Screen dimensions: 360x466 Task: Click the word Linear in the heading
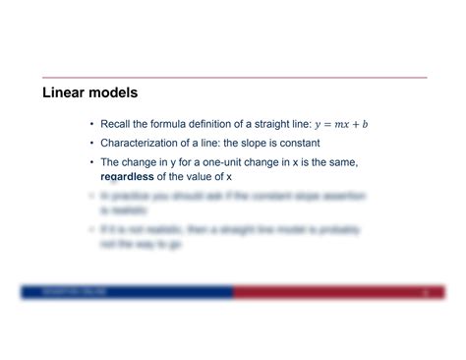click(x=65, y=93)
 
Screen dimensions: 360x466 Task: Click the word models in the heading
click(x=113, y=93)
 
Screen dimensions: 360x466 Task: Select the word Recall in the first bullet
click(x=117, y=125)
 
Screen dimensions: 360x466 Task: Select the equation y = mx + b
click(x=341, y=125)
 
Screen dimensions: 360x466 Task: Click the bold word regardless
click(x=127, y=176)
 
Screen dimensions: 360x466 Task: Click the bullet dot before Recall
click(x=91, y=125)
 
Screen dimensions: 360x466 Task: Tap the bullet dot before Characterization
click(x=91, y=144)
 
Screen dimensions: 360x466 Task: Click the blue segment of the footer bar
click(x=128, y=292)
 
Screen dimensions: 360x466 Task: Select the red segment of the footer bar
click(x=334, y=292)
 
